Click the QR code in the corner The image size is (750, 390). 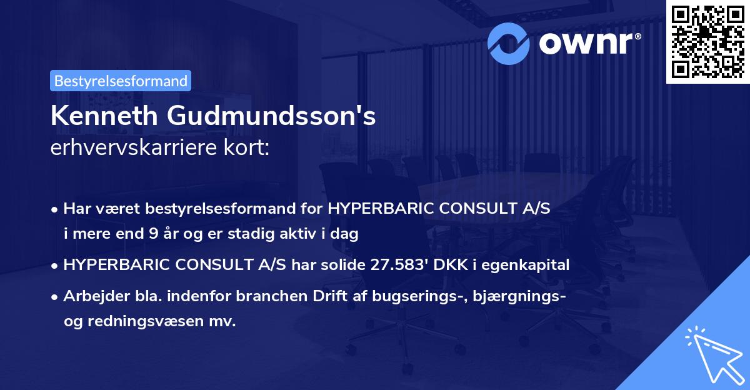[708, 41]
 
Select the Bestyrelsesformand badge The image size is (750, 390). [121, 81]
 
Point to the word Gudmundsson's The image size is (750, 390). [272, 117]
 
